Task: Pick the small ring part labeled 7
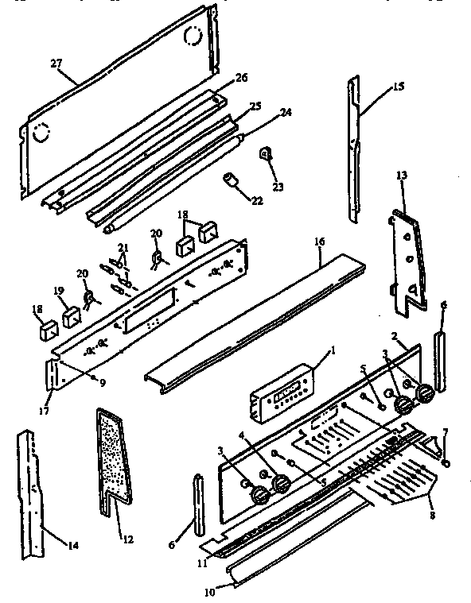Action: (x=447, y=462)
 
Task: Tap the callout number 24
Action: (x=284, y=114)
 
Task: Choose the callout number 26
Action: (x=241, y=78)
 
